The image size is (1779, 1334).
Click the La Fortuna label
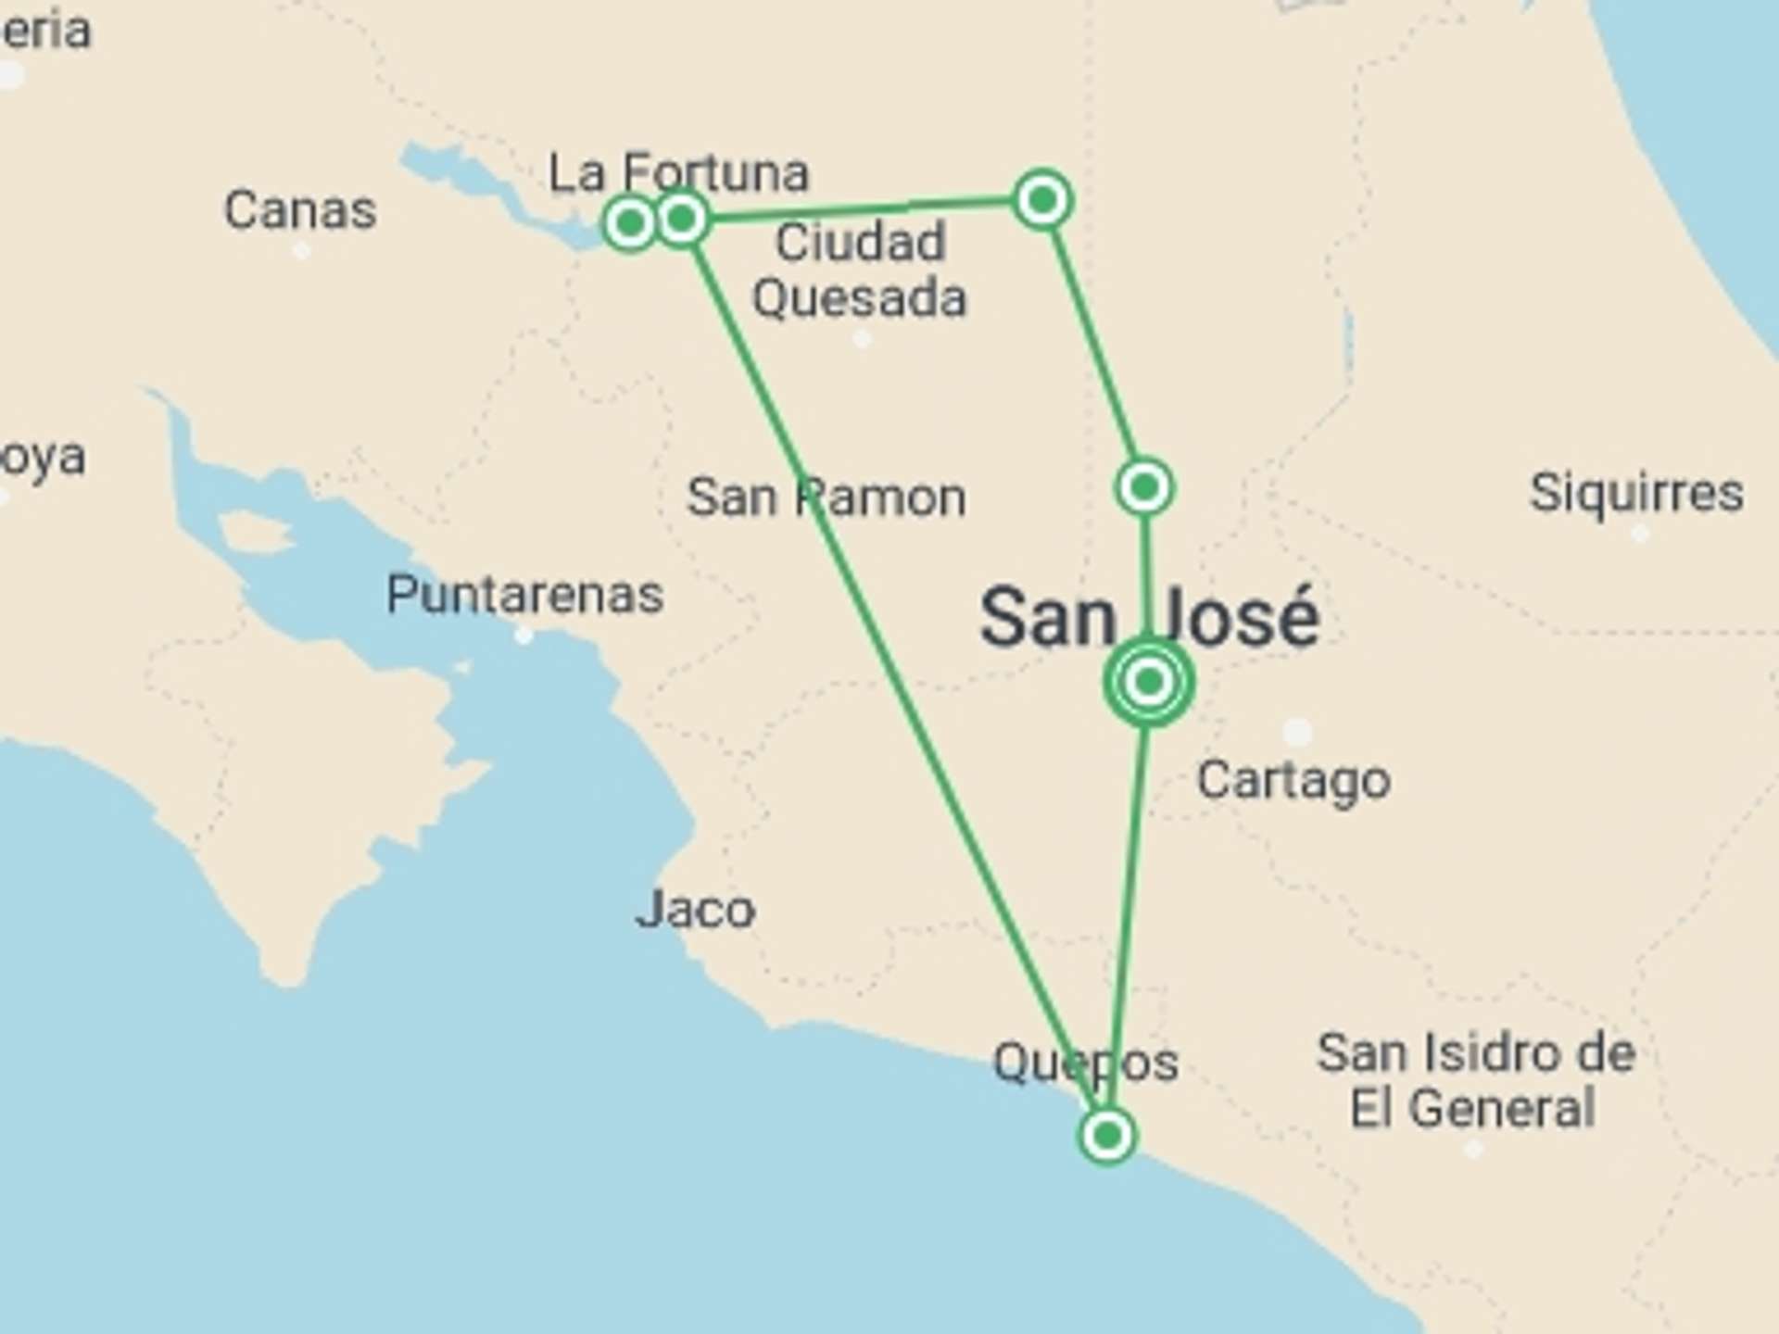[678, 172]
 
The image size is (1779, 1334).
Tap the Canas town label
[300, 210]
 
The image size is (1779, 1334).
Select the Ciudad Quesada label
[859, 271]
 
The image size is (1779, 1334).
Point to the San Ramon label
[826, 497]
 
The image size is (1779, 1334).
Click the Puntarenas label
[524, 594]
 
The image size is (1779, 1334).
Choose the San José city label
[1149, 618]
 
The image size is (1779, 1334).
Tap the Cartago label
[1293, 781]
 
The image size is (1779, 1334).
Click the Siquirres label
[1636, 492]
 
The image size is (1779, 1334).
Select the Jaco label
[695, 910]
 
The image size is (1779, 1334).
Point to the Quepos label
[1085, 1063]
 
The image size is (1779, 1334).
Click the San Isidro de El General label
[1475, 1080]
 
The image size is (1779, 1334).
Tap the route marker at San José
[1149, 683]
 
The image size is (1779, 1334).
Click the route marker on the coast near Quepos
[1107, 1135]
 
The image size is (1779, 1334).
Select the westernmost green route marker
[630, 222]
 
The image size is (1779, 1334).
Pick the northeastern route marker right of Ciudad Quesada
[1043, 199]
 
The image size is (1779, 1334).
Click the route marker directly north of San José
[1145, 486]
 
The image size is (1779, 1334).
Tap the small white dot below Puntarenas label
[524, 636]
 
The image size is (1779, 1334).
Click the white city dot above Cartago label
[1297, 732]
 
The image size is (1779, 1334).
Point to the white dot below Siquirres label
[1639, 534]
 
